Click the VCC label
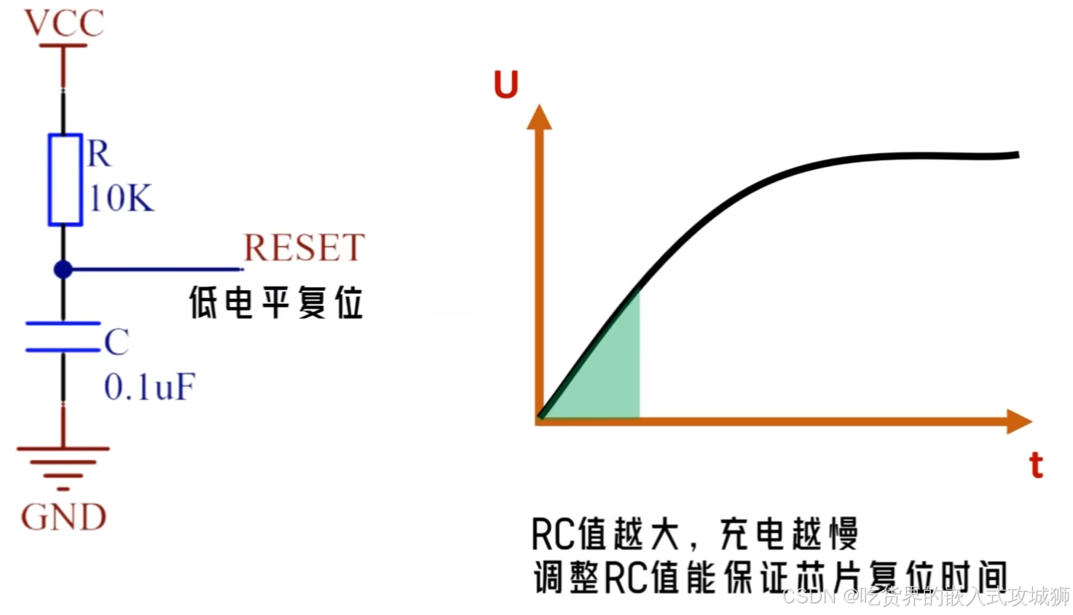coord(64,23)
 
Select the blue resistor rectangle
coord(64,179)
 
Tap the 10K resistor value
coord(121,198)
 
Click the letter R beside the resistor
coord(99,154)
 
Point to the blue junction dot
coord(63,270)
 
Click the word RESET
coord(304,248)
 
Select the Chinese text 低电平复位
coord(276,302)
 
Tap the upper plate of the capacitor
coord(63,323)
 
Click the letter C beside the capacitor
coord(117,342)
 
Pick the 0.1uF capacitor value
coord(149,387)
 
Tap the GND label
coord(64,518)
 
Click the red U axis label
coord(506,85)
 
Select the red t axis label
coord(1036,465)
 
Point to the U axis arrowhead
coord(539,117)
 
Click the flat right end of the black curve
coord(998,155)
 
